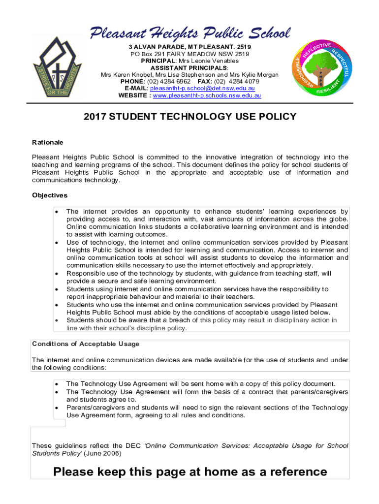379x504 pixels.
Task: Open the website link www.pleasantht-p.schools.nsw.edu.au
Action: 207,95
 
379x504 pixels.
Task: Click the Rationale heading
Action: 48,142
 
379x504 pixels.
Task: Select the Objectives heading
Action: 50,195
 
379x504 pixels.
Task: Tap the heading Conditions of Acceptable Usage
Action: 86,344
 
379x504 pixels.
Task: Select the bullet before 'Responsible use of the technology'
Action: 58,274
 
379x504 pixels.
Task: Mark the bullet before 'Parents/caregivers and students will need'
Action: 58,408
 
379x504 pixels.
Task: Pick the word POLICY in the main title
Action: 275,117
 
